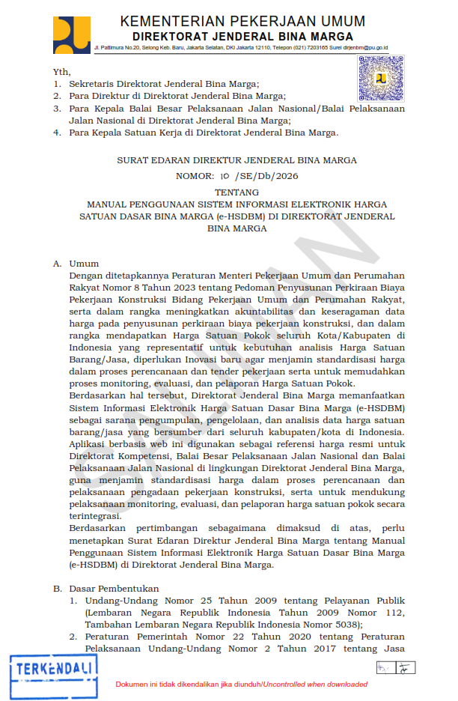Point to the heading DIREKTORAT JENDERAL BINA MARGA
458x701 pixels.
(x=242, y=36)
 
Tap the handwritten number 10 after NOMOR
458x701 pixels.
(x=224, y=176)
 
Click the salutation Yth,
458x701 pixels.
(x=61, y=72)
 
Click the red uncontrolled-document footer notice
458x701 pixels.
(x=241, y=685)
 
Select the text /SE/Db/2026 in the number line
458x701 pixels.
(x=266, y=177)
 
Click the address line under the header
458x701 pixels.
(x=240, y=47)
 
